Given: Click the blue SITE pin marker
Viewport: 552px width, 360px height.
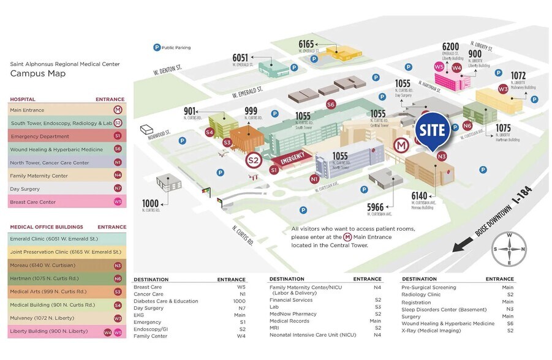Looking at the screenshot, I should pos(433,130).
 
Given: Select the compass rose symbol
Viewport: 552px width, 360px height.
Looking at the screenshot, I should pos(509,249).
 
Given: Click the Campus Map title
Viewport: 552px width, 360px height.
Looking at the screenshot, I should pos(38,73).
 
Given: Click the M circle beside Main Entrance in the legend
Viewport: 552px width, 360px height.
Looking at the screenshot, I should pos(118,110).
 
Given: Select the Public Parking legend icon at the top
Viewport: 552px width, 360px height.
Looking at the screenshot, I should pos(156,47).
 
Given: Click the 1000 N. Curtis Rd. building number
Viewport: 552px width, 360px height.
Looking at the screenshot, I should pos(151,203).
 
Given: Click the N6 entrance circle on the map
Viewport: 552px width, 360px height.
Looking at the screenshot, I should pos(467,125).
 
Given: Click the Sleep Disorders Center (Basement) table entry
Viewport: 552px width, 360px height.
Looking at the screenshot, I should pos(440,309).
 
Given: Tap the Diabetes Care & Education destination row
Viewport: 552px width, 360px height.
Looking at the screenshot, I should pos(166,301).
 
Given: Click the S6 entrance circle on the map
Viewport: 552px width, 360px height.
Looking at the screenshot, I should pos(331,104).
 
